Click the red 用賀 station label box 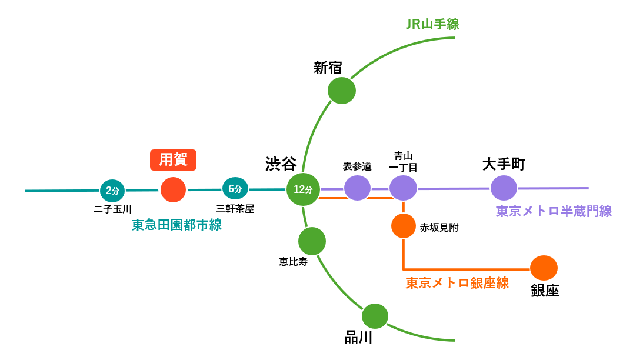173,160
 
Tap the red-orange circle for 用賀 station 174,189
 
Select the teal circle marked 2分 112,190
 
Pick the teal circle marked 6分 235,189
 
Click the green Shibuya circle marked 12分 303,189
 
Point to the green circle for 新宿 342,91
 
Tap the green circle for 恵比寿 312,241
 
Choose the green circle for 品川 375,316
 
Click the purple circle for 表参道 358,188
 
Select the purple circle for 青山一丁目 403,188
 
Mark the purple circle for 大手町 504,188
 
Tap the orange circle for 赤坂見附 404,226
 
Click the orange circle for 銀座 544,268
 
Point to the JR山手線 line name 432,25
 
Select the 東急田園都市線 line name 176,225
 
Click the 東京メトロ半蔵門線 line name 554,211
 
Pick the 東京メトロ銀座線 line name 457,283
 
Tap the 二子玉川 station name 112,209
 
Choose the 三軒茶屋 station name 235,209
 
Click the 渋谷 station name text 281,164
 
